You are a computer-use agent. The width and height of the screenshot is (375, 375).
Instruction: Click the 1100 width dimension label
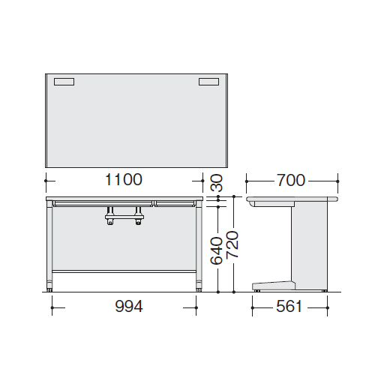[124, 179]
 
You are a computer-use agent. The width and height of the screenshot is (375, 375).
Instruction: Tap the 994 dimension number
[129, 306]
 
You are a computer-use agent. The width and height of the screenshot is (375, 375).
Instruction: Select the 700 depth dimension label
[291, 180]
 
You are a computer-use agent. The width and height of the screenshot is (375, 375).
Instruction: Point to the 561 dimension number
[289, 306]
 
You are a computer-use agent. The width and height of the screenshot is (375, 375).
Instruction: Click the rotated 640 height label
[217, 250]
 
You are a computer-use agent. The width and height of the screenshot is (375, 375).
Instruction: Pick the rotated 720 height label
[232, 244]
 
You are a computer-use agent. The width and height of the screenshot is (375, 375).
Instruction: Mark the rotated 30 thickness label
[217, 183]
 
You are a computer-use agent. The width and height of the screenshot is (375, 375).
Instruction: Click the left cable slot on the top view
[64, 82]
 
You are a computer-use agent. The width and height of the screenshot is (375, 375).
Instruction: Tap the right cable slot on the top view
[209, 82]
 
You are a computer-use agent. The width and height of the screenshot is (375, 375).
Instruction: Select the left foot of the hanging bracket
[109, 222]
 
